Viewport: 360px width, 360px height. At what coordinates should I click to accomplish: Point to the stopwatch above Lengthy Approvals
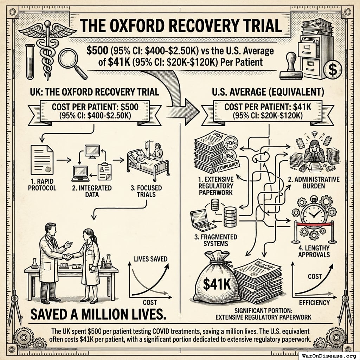(314, 213)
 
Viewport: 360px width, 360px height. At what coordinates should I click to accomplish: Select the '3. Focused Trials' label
(146, 191)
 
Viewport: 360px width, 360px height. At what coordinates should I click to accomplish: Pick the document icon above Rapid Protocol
(42, 160)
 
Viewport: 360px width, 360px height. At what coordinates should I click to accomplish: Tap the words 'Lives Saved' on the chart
(150, 259)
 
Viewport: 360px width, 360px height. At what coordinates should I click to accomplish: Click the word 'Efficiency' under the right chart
(314, 302)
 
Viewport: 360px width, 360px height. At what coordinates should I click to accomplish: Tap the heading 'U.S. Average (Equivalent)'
(268, 92)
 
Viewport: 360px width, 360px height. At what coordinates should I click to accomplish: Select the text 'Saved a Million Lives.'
(98, 314)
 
